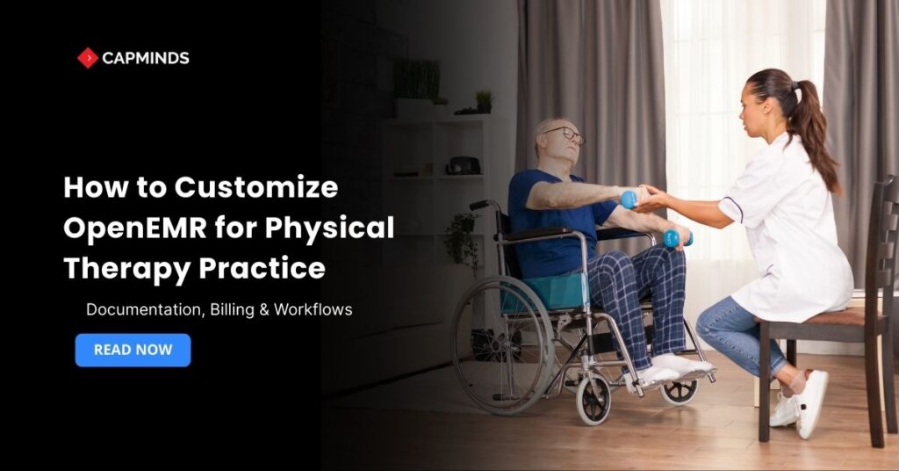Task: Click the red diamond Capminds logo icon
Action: [x=87, y=58]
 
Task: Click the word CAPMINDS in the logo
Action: [x=146, y=59]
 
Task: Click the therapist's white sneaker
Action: [x=810, y=403]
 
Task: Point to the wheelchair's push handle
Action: [x=479, y=205]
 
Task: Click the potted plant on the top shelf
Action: [x=484, y=101]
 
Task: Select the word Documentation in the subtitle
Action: [x=136, y=309]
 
